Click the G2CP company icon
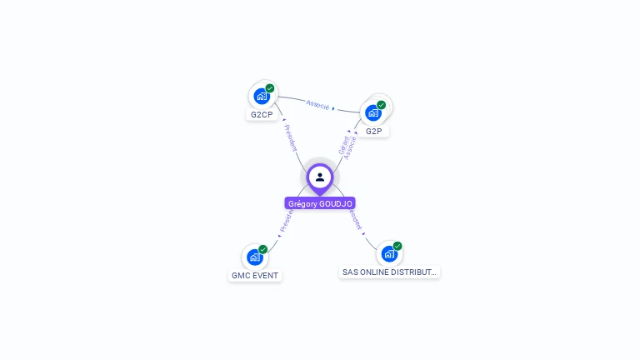[x=262, y=96]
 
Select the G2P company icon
[x=373, y=112]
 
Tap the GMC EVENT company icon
[x=255, y=257]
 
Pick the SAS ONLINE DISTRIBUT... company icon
[x=389, y=253]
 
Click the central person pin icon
[x=320, y=177]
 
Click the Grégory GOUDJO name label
[x=320, y=203]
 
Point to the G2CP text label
[x=262, y=115]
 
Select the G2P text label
[x=373, y=132]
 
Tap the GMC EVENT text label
[x=255, y=276]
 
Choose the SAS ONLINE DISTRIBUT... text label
[x=389, y=272]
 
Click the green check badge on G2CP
[x=270, y=88]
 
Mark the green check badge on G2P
[x=382, y=105]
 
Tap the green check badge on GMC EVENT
[x=263, y=249]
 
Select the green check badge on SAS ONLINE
[x=397, y=246]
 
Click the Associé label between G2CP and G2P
[x=317, y=104]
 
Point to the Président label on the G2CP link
[x=290, y=138]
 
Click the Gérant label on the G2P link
[x=342, y=144]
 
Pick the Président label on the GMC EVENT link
[x=286, y=221]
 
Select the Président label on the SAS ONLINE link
[x=356, y=219]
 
